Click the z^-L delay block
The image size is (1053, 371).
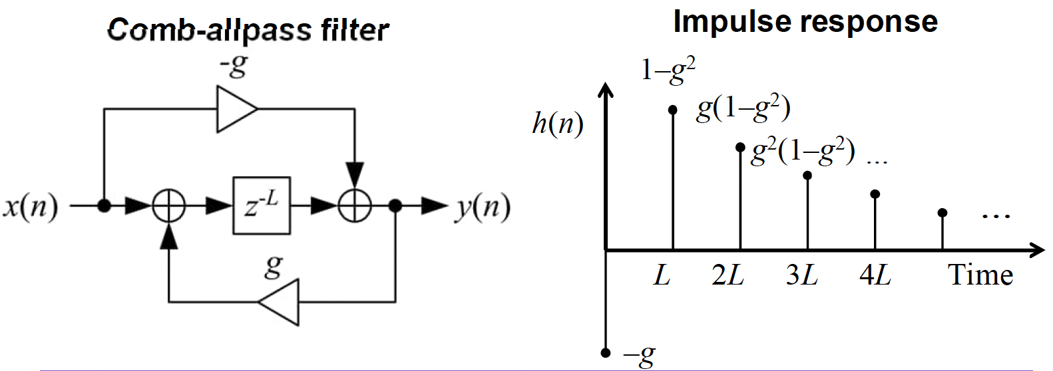click(x=262, y=206)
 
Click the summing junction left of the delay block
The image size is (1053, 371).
click(x=169, y=206)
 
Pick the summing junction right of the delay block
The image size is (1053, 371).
click(x=355, y=206)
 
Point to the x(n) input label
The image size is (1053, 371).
click(x=31, y=207)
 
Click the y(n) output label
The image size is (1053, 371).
click(x=483, y=207)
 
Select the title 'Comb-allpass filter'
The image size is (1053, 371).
click(x=248, y=30)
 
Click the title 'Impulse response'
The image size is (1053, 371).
click(x=805, y=21)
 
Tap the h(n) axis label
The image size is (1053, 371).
click(x=558, y=124)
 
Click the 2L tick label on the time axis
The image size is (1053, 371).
click(x=728, y=275)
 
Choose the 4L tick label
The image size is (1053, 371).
click(x=875, y=275)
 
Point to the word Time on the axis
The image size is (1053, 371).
click(x=980, y=275)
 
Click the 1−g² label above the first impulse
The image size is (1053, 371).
click(x=668, y=70)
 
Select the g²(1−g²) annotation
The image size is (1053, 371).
click(x=803, y=154)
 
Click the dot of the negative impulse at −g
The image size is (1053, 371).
click(x=605, y=352)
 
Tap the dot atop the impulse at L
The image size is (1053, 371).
click(x=672, y=110)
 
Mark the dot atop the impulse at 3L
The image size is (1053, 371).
click(x=807, y=176)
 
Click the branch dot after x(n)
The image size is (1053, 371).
click(x=104, y=206)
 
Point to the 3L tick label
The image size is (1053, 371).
click(x=801, y=275)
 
